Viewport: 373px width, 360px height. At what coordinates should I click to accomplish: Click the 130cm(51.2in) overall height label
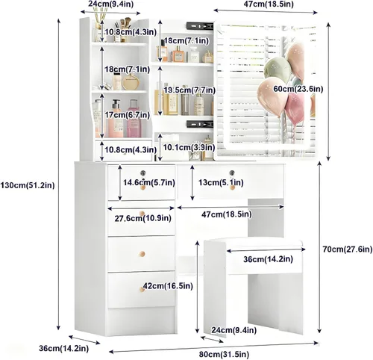tap(28, 185)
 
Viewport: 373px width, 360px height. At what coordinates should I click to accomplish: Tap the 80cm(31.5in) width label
tap(224, 354)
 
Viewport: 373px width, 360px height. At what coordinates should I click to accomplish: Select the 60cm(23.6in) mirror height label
tap(298, 89)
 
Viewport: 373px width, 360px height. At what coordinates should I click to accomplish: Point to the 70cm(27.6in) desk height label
tap(348, 249)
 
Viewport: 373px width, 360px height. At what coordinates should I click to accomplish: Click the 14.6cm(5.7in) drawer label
tap(149, 182)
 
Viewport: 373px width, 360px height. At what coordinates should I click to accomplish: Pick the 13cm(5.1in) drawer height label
tap(221, 182)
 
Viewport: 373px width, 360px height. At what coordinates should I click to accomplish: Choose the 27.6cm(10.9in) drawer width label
tap(143, 218)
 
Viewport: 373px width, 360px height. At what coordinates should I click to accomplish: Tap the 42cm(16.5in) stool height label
tap(168, 286)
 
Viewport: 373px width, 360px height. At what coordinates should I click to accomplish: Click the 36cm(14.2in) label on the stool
tap(268, 259)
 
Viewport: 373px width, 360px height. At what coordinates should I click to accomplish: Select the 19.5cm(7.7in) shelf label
tap(189, 90)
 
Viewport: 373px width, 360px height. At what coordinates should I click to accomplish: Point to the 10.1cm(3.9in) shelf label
tap(189, 147)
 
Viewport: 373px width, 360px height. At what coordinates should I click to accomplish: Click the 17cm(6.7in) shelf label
tap(127, 115)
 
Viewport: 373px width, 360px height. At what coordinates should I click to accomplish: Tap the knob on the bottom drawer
tap(142, 289)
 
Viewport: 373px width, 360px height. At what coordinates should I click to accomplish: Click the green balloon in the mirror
tap(278, 68)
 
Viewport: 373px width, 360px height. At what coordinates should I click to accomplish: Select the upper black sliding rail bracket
tap(200, 26)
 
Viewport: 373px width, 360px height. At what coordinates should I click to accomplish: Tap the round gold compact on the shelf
tap(131, 82)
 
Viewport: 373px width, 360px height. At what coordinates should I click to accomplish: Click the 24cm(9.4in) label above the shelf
tap(111, 4)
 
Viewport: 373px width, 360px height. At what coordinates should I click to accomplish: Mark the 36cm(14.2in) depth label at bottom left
tap(64, 348)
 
